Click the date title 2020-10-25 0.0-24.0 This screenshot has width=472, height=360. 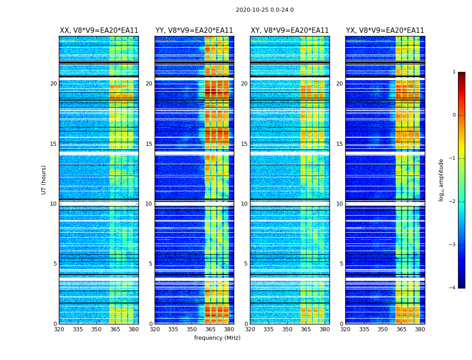pos(265,10)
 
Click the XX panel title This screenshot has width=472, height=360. pos(99,31)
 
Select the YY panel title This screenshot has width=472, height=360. pos(194,31)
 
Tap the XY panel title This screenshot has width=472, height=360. pos(289,31)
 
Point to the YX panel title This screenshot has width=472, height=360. pos(385,31)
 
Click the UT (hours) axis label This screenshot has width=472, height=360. pos(44,180)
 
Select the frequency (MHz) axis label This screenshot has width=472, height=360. pos(217,338)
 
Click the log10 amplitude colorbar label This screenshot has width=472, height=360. pos(441,180)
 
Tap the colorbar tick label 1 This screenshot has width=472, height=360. pos(454,72)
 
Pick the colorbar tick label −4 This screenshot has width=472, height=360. pos(453,288)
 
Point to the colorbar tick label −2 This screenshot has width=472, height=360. pos(453,202)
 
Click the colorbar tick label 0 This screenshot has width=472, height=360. pos(454,115)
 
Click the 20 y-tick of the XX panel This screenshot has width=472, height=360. pos(53,84)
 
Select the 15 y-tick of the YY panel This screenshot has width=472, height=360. pos(149,144)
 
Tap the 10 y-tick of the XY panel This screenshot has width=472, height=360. pos(244,204)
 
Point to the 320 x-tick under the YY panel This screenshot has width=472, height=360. pos(155,329)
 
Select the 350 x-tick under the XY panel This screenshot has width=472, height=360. pos(287,329)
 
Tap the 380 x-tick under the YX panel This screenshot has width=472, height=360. pos(420,329)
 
